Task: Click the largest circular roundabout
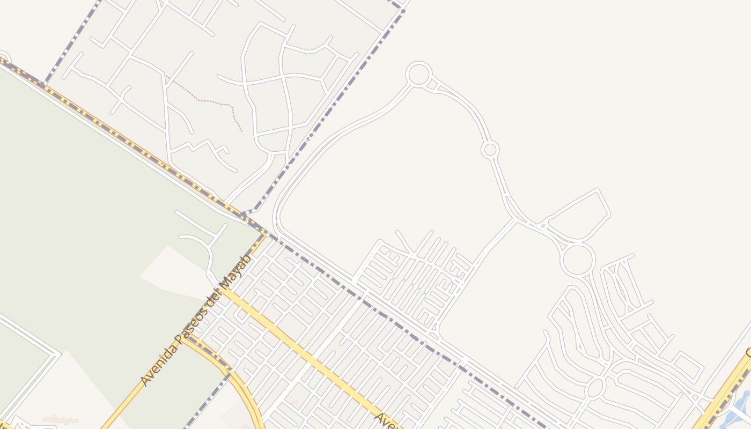[x=578, y=260]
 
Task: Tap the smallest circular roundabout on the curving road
[x=490, y=149]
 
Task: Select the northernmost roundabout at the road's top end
[x=418, y=74]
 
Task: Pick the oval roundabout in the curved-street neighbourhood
[x=595, y=388]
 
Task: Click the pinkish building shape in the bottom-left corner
[x=60, y=419]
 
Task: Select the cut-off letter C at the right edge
[x=748, y=353]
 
